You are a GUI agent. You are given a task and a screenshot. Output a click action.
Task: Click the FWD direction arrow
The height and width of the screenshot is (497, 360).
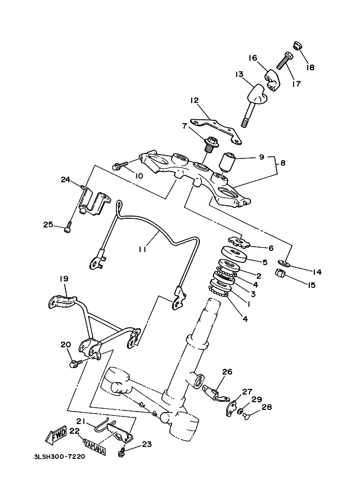coord(57,434)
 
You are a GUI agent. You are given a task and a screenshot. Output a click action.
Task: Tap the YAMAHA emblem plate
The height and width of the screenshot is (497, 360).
coord(95,447)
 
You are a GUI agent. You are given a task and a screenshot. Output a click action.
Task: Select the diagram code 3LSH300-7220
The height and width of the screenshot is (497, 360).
coord(59,457)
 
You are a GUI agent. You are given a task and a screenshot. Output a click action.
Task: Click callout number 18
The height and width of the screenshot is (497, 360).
coord(310,67)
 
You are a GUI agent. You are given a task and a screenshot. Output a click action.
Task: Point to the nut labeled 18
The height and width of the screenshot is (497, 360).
coord(297,46)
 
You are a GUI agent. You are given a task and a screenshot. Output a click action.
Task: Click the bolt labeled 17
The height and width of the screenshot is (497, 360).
coord(284,60)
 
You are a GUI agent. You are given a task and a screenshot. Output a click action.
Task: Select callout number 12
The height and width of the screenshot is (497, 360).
coord(194,101)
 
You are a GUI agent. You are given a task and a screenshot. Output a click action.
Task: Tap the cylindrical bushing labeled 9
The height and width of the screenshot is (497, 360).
coord(228,161)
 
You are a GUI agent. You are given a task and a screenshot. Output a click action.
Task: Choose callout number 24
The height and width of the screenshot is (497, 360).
coord(65,180)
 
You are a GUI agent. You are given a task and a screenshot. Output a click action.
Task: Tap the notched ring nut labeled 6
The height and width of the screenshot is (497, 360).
coord(239,242)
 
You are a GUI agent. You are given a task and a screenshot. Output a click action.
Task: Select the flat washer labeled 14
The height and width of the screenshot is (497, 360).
coord(283,262)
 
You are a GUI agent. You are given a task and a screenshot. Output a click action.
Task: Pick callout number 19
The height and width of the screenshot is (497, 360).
coord(64,279)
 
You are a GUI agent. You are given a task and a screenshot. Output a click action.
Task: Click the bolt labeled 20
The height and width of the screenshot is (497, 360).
coord(76,363)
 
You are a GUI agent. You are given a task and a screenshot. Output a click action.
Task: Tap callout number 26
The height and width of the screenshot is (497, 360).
coord(227,371)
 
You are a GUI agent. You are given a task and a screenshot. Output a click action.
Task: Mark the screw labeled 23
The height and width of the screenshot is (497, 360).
coord(121,452)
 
